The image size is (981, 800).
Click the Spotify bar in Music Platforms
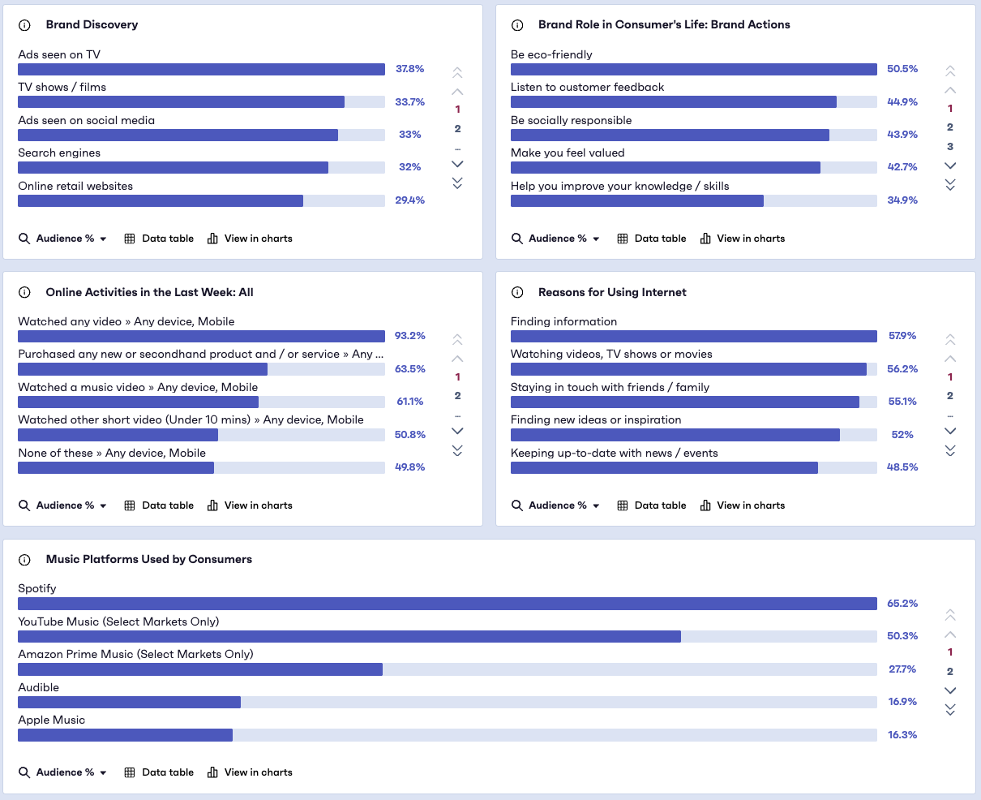coord(447,604)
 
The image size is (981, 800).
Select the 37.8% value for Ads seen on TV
coord(409,69)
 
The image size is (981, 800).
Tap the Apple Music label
coord(51,720)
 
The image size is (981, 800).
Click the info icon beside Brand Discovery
coord(24,25)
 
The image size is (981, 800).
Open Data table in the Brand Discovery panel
coord(159,239)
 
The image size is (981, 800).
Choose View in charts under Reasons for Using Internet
coord(743,505)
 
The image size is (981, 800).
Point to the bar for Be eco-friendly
coord(693,70)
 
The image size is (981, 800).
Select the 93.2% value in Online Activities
coord(410,336)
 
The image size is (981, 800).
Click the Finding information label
coord(563,321)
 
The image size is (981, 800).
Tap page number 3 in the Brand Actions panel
coord(950,147)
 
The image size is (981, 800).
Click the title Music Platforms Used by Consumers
coord(148,559)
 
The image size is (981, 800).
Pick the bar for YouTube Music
coord(349,637)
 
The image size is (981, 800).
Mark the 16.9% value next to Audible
coord(902,702)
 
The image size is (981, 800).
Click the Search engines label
coord(59,153)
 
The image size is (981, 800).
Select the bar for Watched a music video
coord(138,402)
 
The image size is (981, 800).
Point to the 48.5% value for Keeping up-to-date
coord(902,467)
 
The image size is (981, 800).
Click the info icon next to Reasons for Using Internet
coord(517,292)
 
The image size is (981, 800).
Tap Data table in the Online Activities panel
coord(159,505)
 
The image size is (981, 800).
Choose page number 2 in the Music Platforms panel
coord(950,672)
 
